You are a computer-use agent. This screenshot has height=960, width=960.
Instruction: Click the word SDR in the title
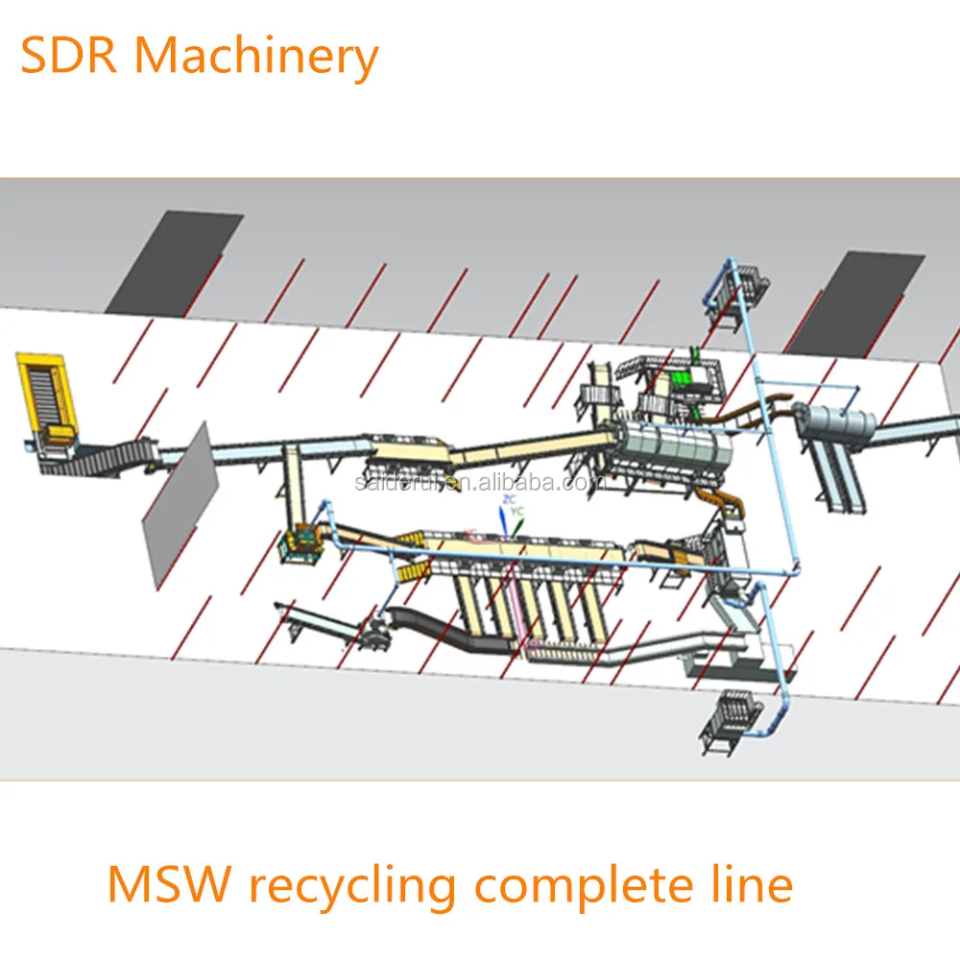tap(70, 57)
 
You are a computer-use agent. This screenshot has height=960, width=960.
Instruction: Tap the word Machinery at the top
tap(256, 57)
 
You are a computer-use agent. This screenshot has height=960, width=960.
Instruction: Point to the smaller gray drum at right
tap(840, 421)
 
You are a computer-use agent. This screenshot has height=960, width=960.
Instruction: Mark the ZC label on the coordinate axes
tap(510, 501)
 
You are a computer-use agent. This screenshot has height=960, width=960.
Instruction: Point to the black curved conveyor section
tap(432, 630)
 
